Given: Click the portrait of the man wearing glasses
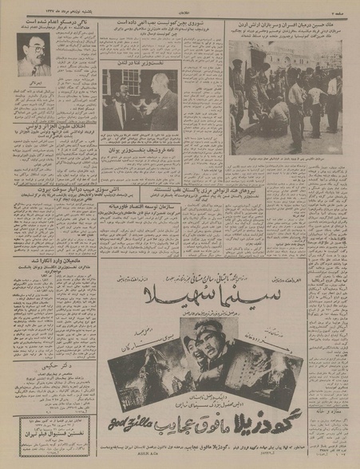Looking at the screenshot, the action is point(34,54).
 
